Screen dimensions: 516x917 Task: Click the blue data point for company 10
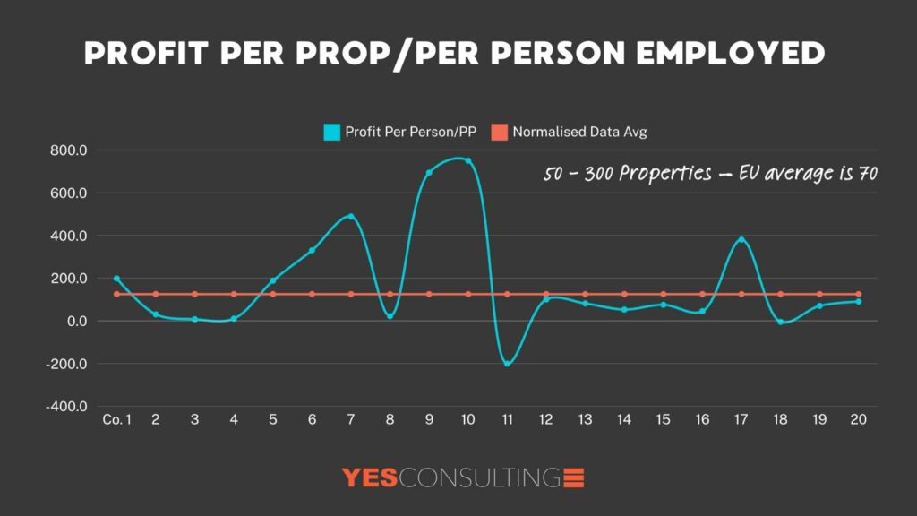pyautogui.click(x=467, y=161)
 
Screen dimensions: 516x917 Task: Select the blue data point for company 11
pyautogui.click(x=507, y=364)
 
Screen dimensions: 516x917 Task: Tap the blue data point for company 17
pyautogui.click(x=741, y=240)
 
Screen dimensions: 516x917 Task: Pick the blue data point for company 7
pyautogui.click(x=351, y=217)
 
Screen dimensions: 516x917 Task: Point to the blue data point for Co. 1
pyautogui.click(x=116, y=279)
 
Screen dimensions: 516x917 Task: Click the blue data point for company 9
pyautogui.click(x=429, y=172)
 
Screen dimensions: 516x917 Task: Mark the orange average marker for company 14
pyautogui.click(x=624, y=294)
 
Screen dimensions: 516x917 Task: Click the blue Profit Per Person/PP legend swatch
pyautogui.click(x=332, y=132)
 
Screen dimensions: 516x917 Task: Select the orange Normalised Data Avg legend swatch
pyautogui.click(x=499, y=132)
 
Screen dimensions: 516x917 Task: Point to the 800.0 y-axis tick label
pyautogui.click(x=68, y=150)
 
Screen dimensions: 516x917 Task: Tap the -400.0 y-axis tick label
pyautogui.click(x=66, y=407)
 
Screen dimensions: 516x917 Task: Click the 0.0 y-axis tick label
pyautogui.click(x=74, y=322)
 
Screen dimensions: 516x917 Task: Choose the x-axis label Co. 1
pyautogui.click(x=116, y=420)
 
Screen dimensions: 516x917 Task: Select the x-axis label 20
pyautogui.click(x=858, y=420)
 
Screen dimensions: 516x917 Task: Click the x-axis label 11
pyautogui.click(x=507, y=420)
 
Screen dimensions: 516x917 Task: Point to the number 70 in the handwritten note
pyautogui.click(x=867, y=174)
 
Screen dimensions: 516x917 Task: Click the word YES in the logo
pyautogui.click(x=370, y=477)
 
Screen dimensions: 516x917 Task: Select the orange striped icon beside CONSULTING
pyautogui.click(x=573, y=477)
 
